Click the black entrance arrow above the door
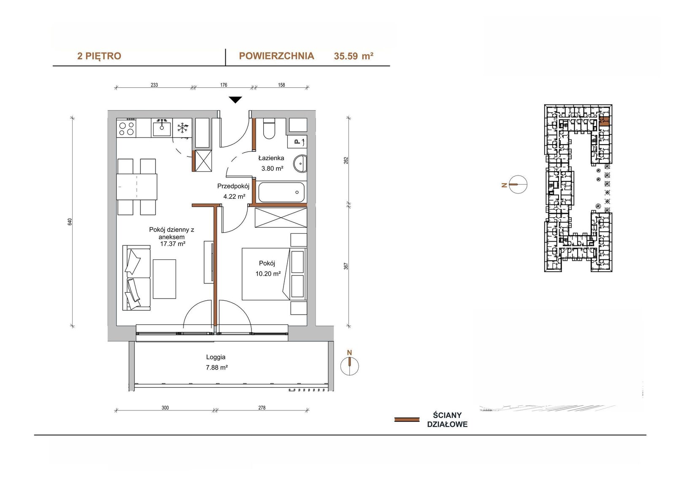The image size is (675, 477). (x=235, y=100)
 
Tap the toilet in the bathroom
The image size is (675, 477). (x=269, y=129)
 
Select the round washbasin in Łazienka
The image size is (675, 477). (x=300, y=164)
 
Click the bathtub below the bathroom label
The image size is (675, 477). (x=281, y=192)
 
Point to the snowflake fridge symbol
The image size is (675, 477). (x=182, y=128)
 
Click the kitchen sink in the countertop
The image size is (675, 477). (x=162, y=128)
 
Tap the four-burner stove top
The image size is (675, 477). (x=127, y=128)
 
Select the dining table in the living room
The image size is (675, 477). (x=137, y=187)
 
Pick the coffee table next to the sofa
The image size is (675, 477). (x=164, y=279)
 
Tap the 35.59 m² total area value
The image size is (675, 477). (x=354, y=56)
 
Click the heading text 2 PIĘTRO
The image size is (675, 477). (x=99, y=56)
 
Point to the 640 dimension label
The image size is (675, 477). (x=70, y=222)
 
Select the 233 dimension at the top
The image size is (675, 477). (x=154, y=85)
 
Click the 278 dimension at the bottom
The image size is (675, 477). (x=262, y=408)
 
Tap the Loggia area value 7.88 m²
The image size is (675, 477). (x=217, y=367)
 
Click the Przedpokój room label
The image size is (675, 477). (x=233, y=186)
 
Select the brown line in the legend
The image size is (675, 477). (x=407, y=420)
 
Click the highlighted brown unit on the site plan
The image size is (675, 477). (x=604, y=121)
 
